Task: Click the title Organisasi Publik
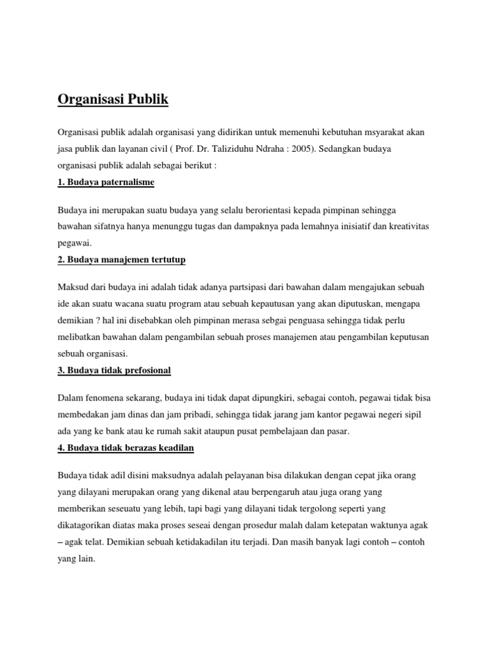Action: (x=113, y=100)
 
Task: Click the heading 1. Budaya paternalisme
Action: (x=106, y=182)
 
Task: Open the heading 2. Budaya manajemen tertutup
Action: (x=121, y=260)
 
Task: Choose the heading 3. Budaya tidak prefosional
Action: (x=114, y=371)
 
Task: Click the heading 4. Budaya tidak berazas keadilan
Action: (x=126, y=448)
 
